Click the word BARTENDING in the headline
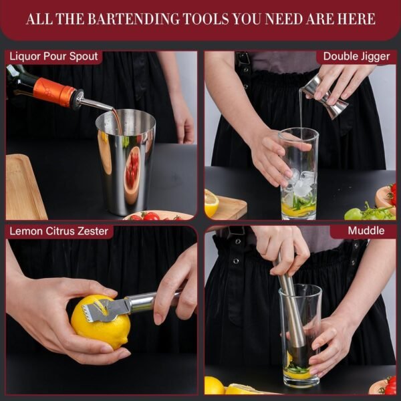pos(134,19)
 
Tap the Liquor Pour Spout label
pos(53,56)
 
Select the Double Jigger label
pos(356,57)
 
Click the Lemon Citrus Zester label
pos(59,231)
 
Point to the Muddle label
pos(366,231)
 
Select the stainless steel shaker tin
pos(126,162)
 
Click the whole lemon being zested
pos(101,321)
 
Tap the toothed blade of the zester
pos(103,311)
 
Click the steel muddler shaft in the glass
pos(291,306)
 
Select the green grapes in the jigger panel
pos(368,213)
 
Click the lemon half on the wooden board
pos(211,203)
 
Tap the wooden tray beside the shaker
pos(24,187)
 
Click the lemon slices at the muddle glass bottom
pos(297,372)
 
